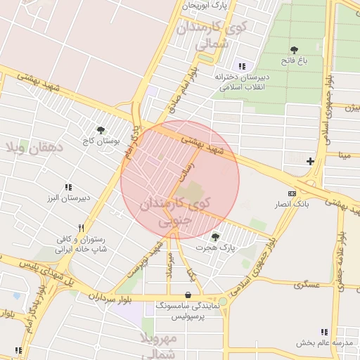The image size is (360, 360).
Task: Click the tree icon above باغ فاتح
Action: click(294, 50)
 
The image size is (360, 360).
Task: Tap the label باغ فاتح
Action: click(294, 62)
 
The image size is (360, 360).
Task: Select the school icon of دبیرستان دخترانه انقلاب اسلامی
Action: click(243, 65)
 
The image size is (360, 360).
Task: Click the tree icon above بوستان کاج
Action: click(101, 130)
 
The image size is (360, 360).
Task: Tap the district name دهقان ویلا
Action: click(34, 147)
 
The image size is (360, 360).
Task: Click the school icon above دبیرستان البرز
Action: click(68, 187)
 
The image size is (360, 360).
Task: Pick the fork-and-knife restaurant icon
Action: click(82, 228)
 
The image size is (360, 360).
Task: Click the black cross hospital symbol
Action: click(310, 161)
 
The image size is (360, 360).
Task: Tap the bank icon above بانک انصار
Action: click(292, 193)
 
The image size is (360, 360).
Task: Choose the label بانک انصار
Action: click(292, 204)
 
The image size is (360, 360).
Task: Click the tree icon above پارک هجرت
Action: click(215, 237)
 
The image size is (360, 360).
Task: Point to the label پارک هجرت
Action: click(215, 248)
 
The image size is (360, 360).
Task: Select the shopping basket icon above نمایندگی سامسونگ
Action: click(188, 295)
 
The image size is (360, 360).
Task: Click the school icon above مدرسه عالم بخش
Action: click(324, 332)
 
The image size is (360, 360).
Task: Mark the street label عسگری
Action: click(309, 285)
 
